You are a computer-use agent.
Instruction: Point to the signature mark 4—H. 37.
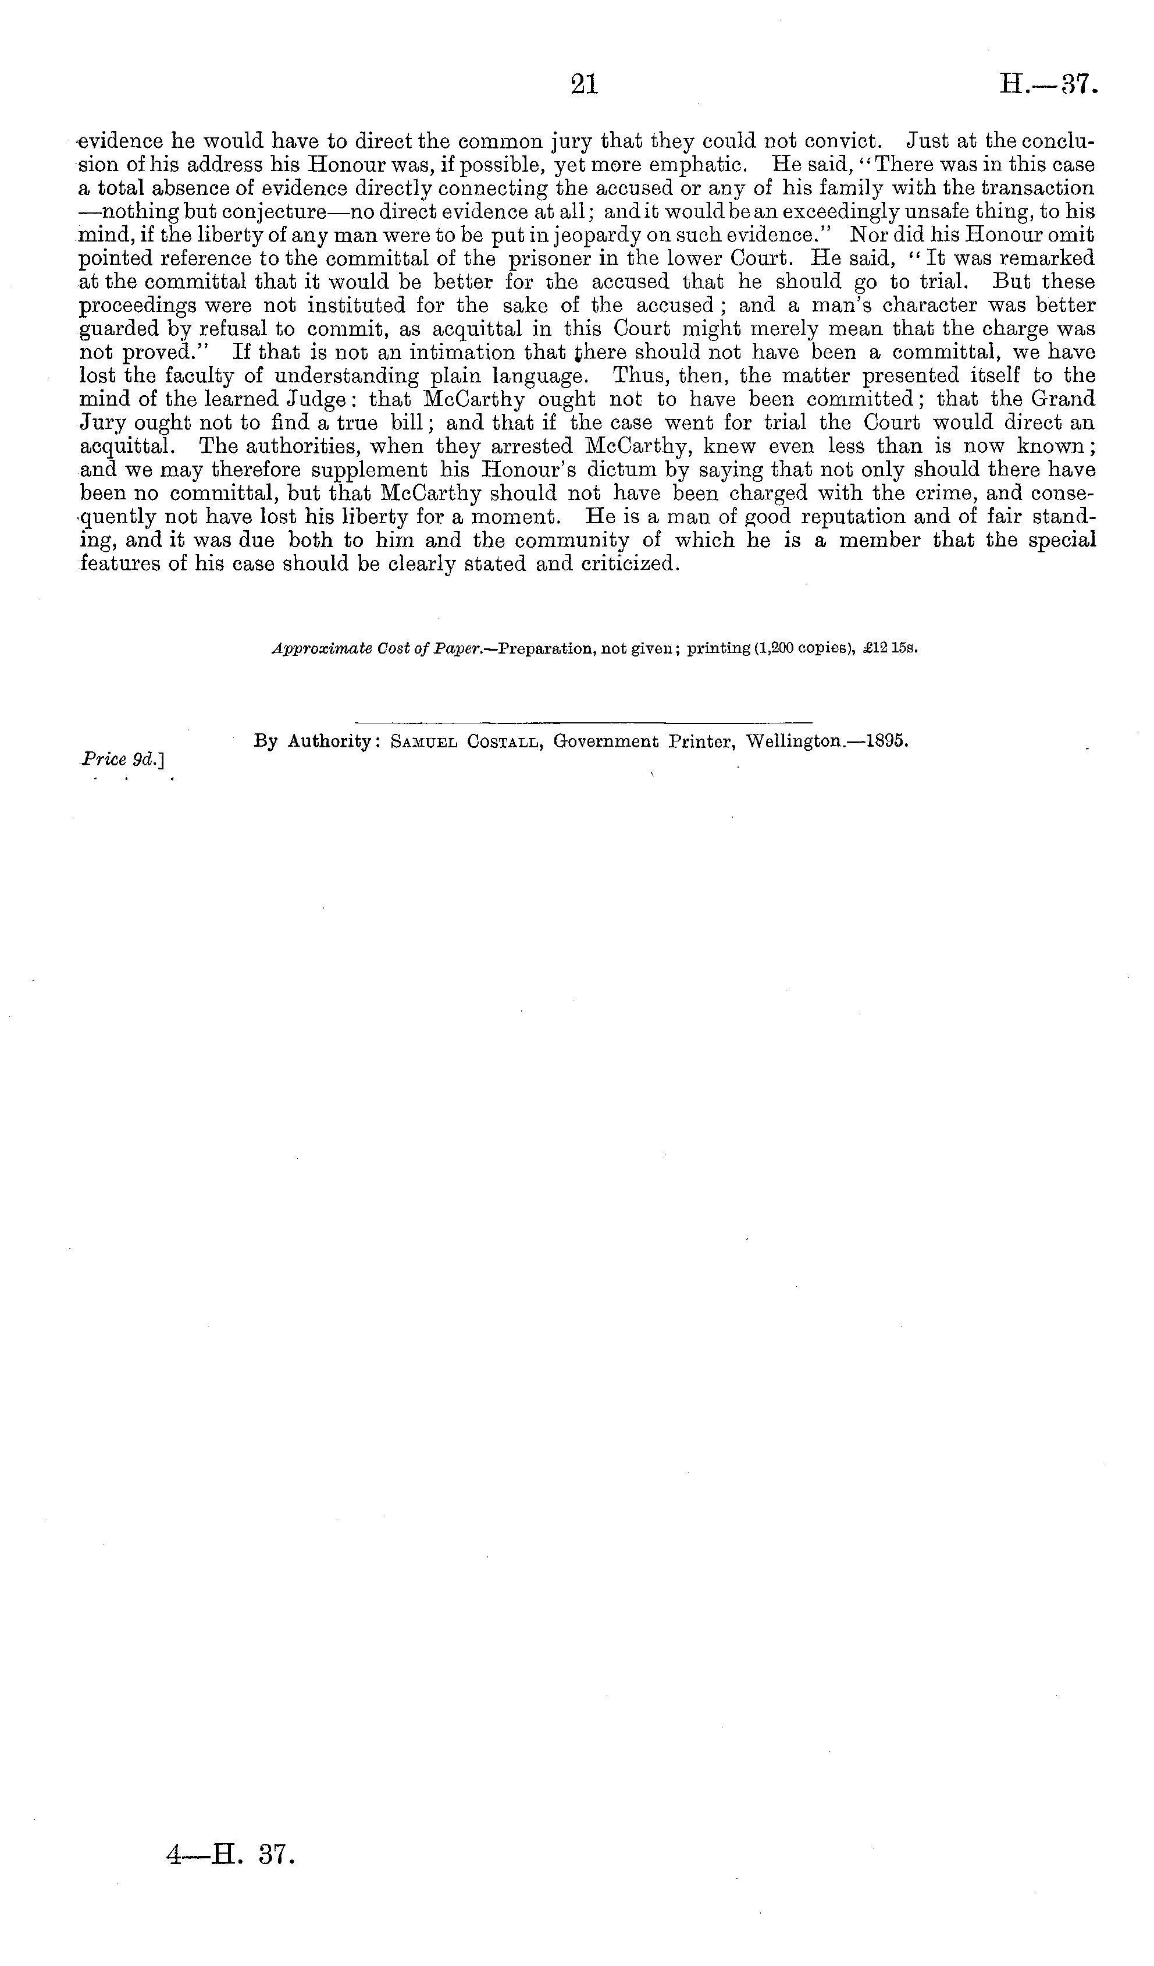pos(231,1854)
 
